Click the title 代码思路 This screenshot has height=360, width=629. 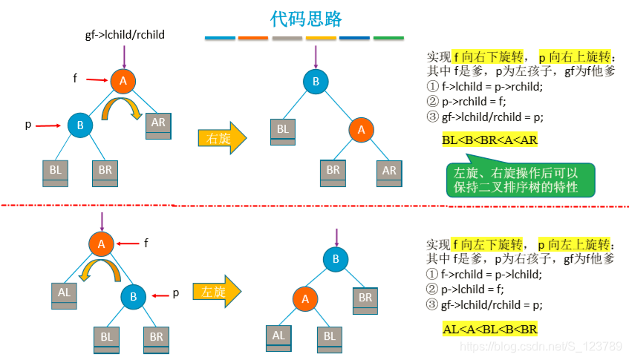coord(306,18)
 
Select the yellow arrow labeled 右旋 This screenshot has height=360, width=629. coord(221,138)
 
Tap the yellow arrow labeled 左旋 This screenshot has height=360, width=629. coord(217,291)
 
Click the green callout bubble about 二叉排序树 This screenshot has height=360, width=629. coord(515,179)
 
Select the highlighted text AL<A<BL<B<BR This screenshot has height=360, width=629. coord(489,329)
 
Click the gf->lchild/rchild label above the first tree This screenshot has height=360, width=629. coord(125,35)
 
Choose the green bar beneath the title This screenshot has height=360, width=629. coord(388,37)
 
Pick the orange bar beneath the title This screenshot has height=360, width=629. coord(253,37)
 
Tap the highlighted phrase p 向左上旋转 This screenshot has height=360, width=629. coord(576,244)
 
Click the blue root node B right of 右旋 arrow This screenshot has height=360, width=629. coord(316,82)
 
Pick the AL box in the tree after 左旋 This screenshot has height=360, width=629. coord(278,336)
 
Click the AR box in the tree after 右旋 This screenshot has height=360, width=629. coord(389,171)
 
